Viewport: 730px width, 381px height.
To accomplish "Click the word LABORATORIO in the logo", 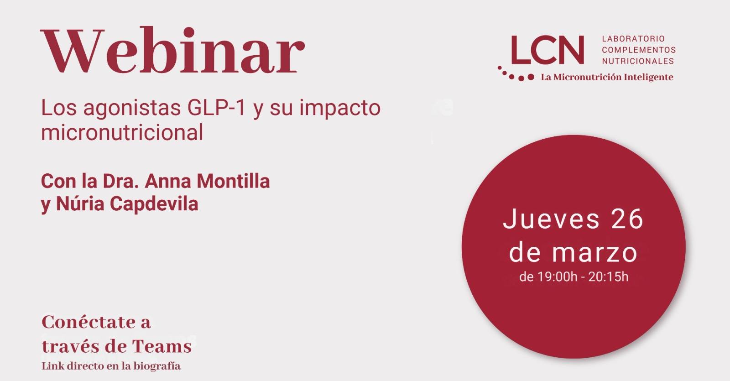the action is coord(633,39).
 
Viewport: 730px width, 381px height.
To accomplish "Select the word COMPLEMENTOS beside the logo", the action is coord(639,50).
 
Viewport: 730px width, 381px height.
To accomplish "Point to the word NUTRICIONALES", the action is coord(638,61).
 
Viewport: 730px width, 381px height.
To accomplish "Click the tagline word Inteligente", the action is coord(648,77).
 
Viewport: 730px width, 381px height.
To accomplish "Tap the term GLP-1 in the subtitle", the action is coord(216,108).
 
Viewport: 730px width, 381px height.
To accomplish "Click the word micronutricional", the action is coord(122,132).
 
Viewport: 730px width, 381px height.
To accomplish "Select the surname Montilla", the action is coord(233,181).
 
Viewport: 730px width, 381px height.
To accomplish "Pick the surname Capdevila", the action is coord(154,205).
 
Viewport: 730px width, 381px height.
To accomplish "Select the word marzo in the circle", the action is coord(594,253).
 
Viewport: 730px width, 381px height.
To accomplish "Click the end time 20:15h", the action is coord(608,277).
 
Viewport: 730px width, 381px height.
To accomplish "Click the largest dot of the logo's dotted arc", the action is coord(531,77).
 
